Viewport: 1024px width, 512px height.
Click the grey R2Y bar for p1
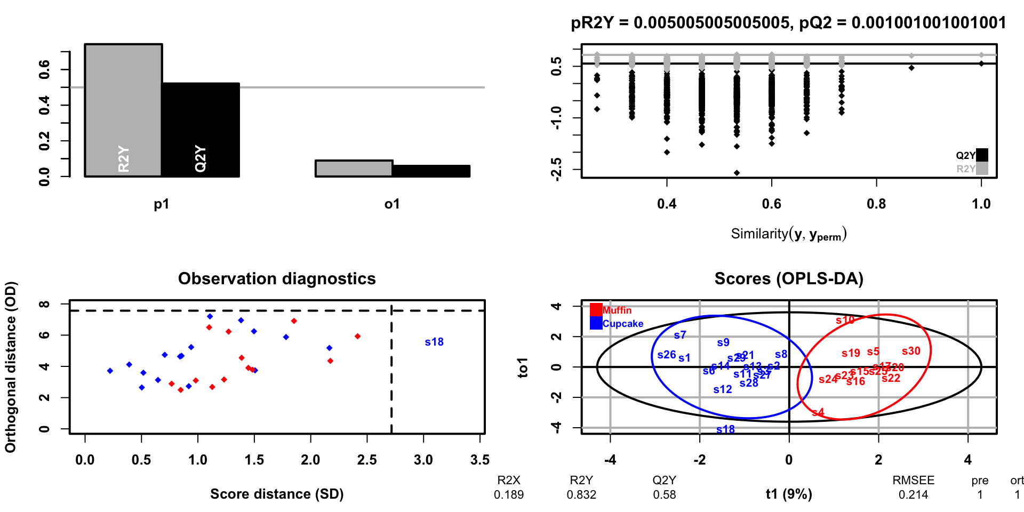(123, 110)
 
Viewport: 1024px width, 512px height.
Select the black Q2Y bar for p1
(201, 130)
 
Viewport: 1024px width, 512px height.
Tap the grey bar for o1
(354, 169)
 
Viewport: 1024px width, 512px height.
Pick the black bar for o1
(431, 171)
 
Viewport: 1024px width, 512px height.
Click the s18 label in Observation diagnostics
(434, 342)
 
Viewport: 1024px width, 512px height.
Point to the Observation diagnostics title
(277, 278)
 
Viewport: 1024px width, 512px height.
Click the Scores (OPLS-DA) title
(789, 278)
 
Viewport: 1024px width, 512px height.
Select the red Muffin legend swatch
(596, 310)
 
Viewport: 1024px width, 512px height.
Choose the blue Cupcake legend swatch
(596, 323)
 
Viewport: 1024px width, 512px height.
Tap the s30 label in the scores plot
(911, 351)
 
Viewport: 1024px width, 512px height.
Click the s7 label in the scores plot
(680, 335)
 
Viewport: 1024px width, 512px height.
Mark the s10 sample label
(845, 320)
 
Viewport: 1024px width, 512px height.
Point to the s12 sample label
(723, 389)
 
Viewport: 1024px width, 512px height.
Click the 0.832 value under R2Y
(581, 495)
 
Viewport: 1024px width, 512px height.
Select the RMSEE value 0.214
(913, 495)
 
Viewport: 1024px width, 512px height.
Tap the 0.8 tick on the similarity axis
(876, 204)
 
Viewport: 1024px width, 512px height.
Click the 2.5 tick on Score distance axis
(367, 460)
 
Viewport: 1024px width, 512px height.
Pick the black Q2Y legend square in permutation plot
(982, 155)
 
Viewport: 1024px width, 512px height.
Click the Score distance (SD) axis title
(277, 494)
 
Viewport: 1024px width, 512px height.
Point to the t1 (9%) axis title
(789, 494)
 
